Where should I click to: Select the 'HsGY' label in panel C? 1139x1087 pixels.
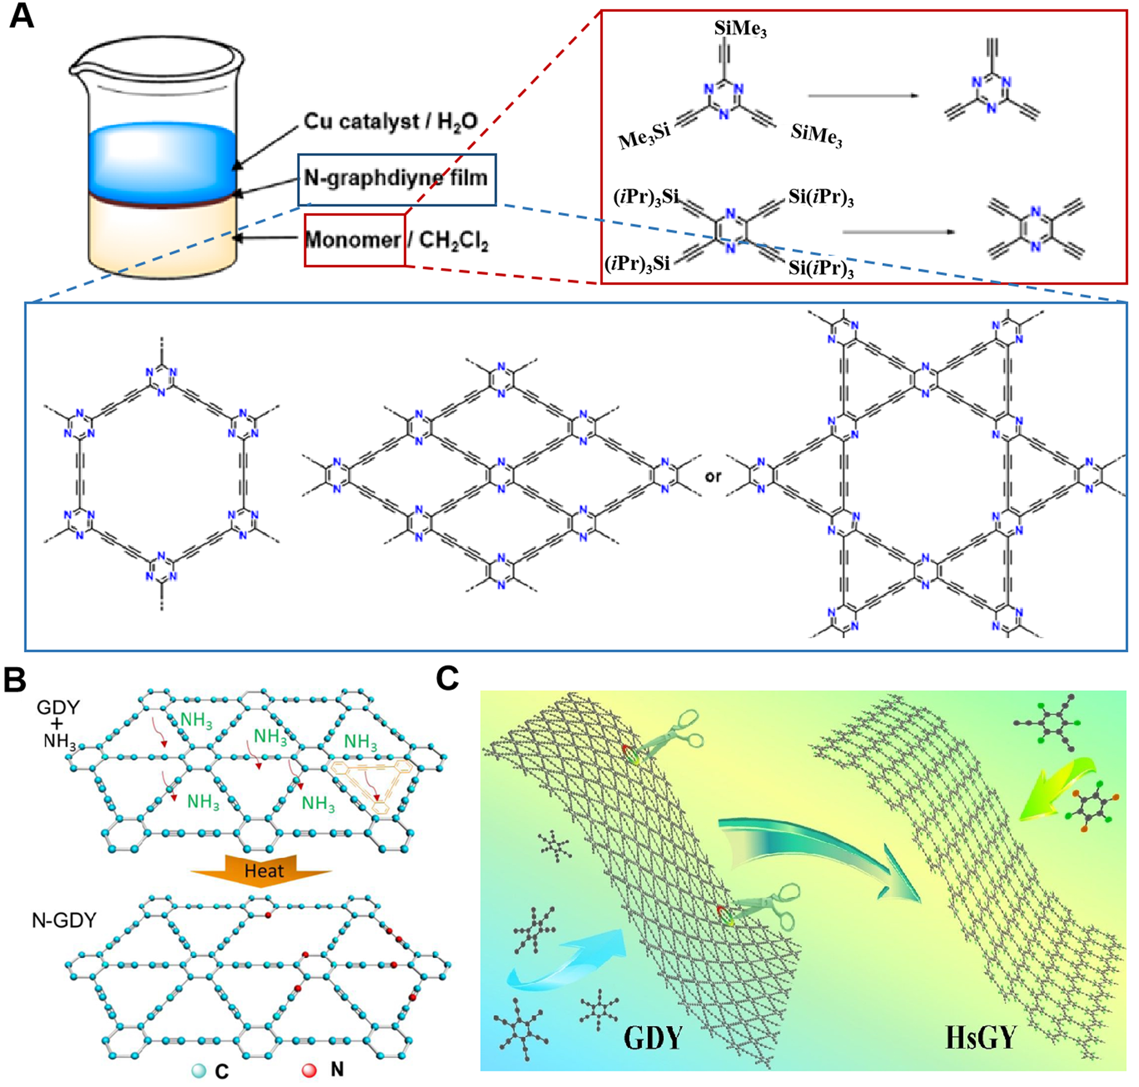tap(980, 1037)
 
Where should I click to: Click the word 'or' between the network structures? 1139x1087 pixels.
tap(713, 476)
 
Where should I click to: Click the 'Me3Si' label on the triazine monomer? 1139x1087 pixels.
tap(644, 138)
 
